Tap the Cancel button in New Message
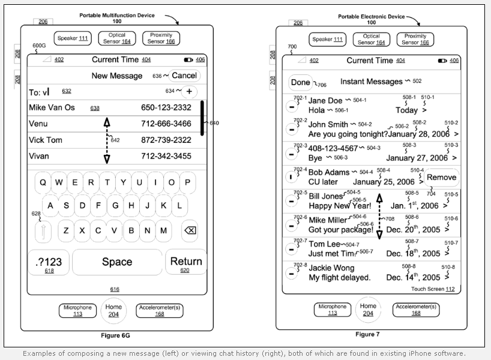(x=184, y=76)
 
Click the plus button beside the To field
(x=189, y=92)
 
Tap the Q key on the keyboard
(x=44, y=183)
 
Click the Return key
(x=186, y=262)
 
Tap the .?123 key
(x=49, y=262)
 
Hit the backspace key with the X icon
(x=189, y=230)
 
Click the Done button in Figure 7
(x=300, y=82)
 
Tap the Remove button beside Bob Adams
(x=441, y=178)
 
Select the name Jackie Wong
(x=331, y=268)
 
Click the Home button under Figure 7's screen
(x=368, y=310)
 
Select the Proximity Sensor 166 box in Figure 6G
(x=161, y=39)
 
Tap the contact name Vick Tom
(x=46, y=140)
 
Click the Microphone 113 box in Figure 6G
(x=78, y=310)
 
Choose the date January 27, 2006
(x=417, y=158)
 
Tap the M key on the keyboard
(x=163, y=230)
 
